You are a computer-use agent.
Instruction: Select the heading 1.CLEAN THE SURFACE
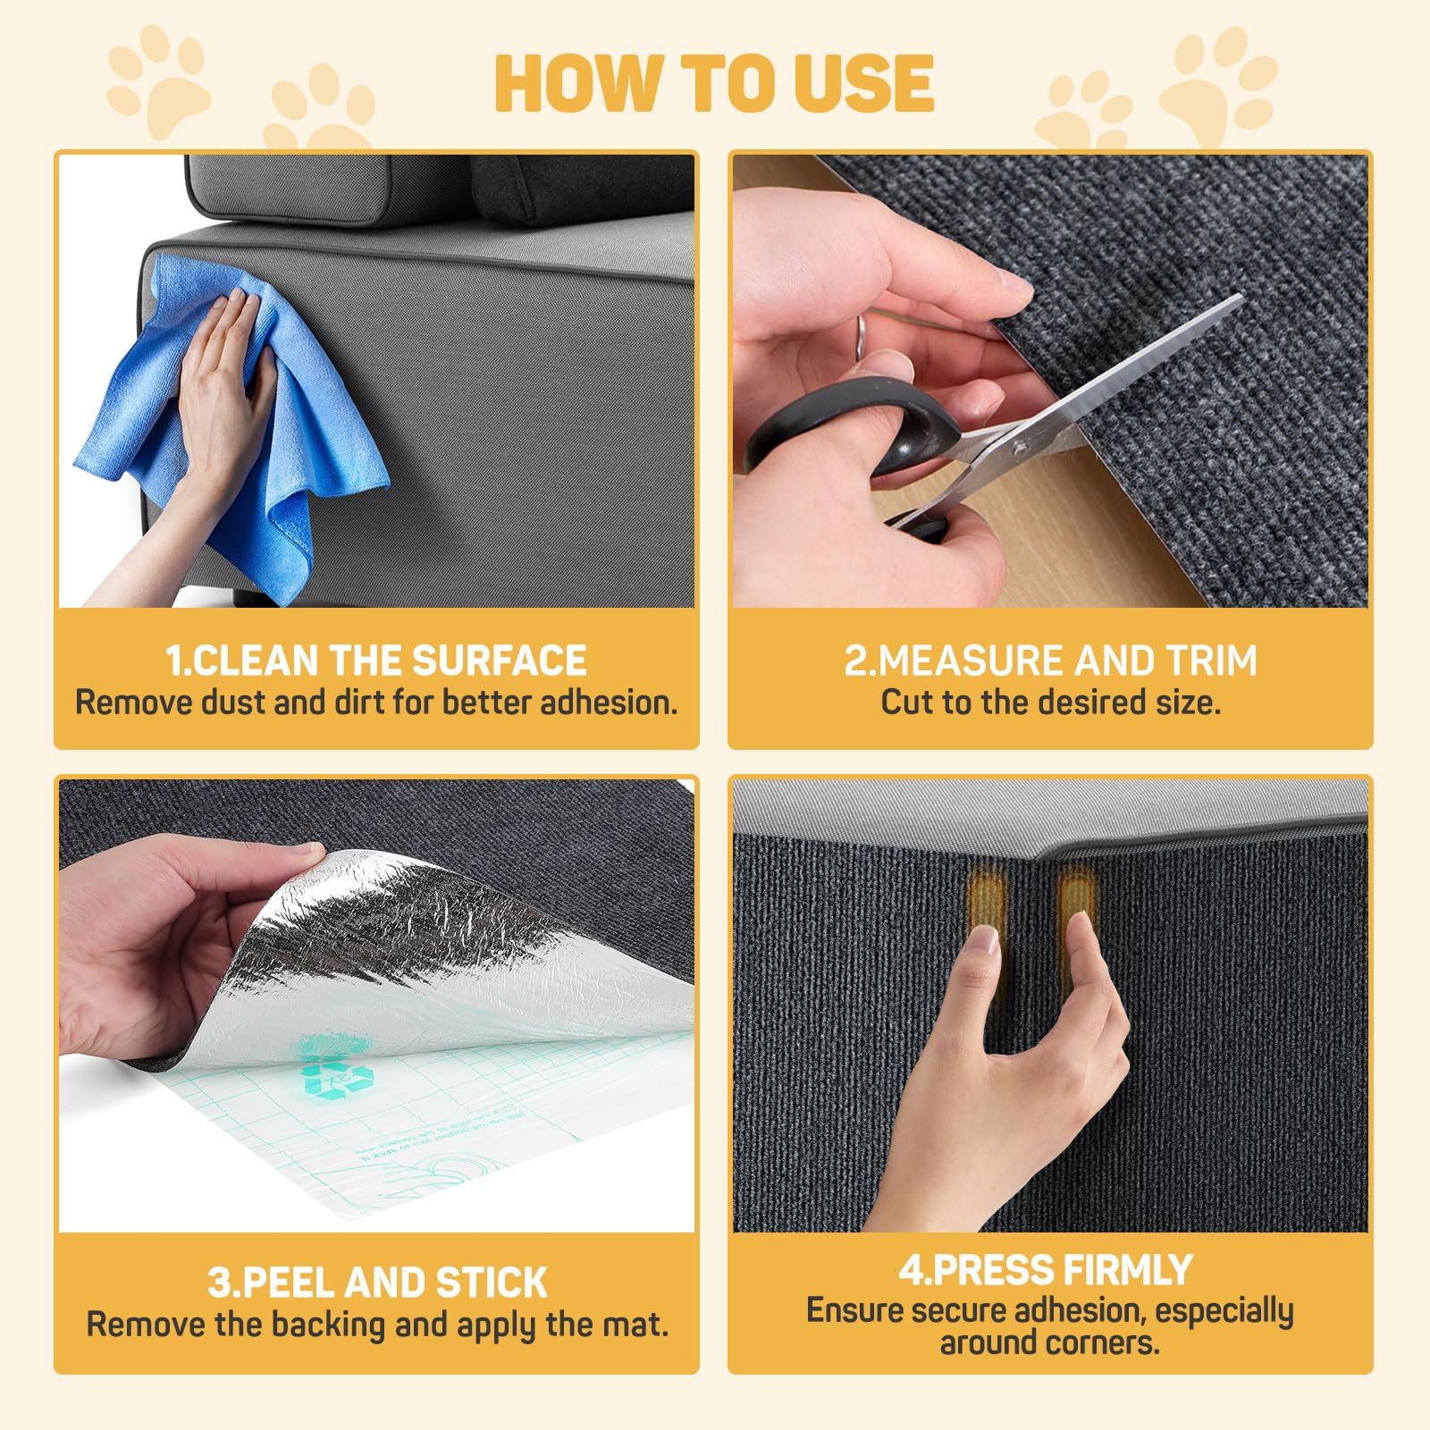point(376,661)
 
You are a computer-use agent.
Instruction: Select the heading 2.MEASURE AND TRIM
point(1050,661)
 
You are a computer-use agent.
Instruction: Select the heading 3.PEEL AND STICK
point(376,1283)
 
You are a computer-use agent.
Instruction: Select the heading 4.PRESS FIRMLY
point(1046,1270)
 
